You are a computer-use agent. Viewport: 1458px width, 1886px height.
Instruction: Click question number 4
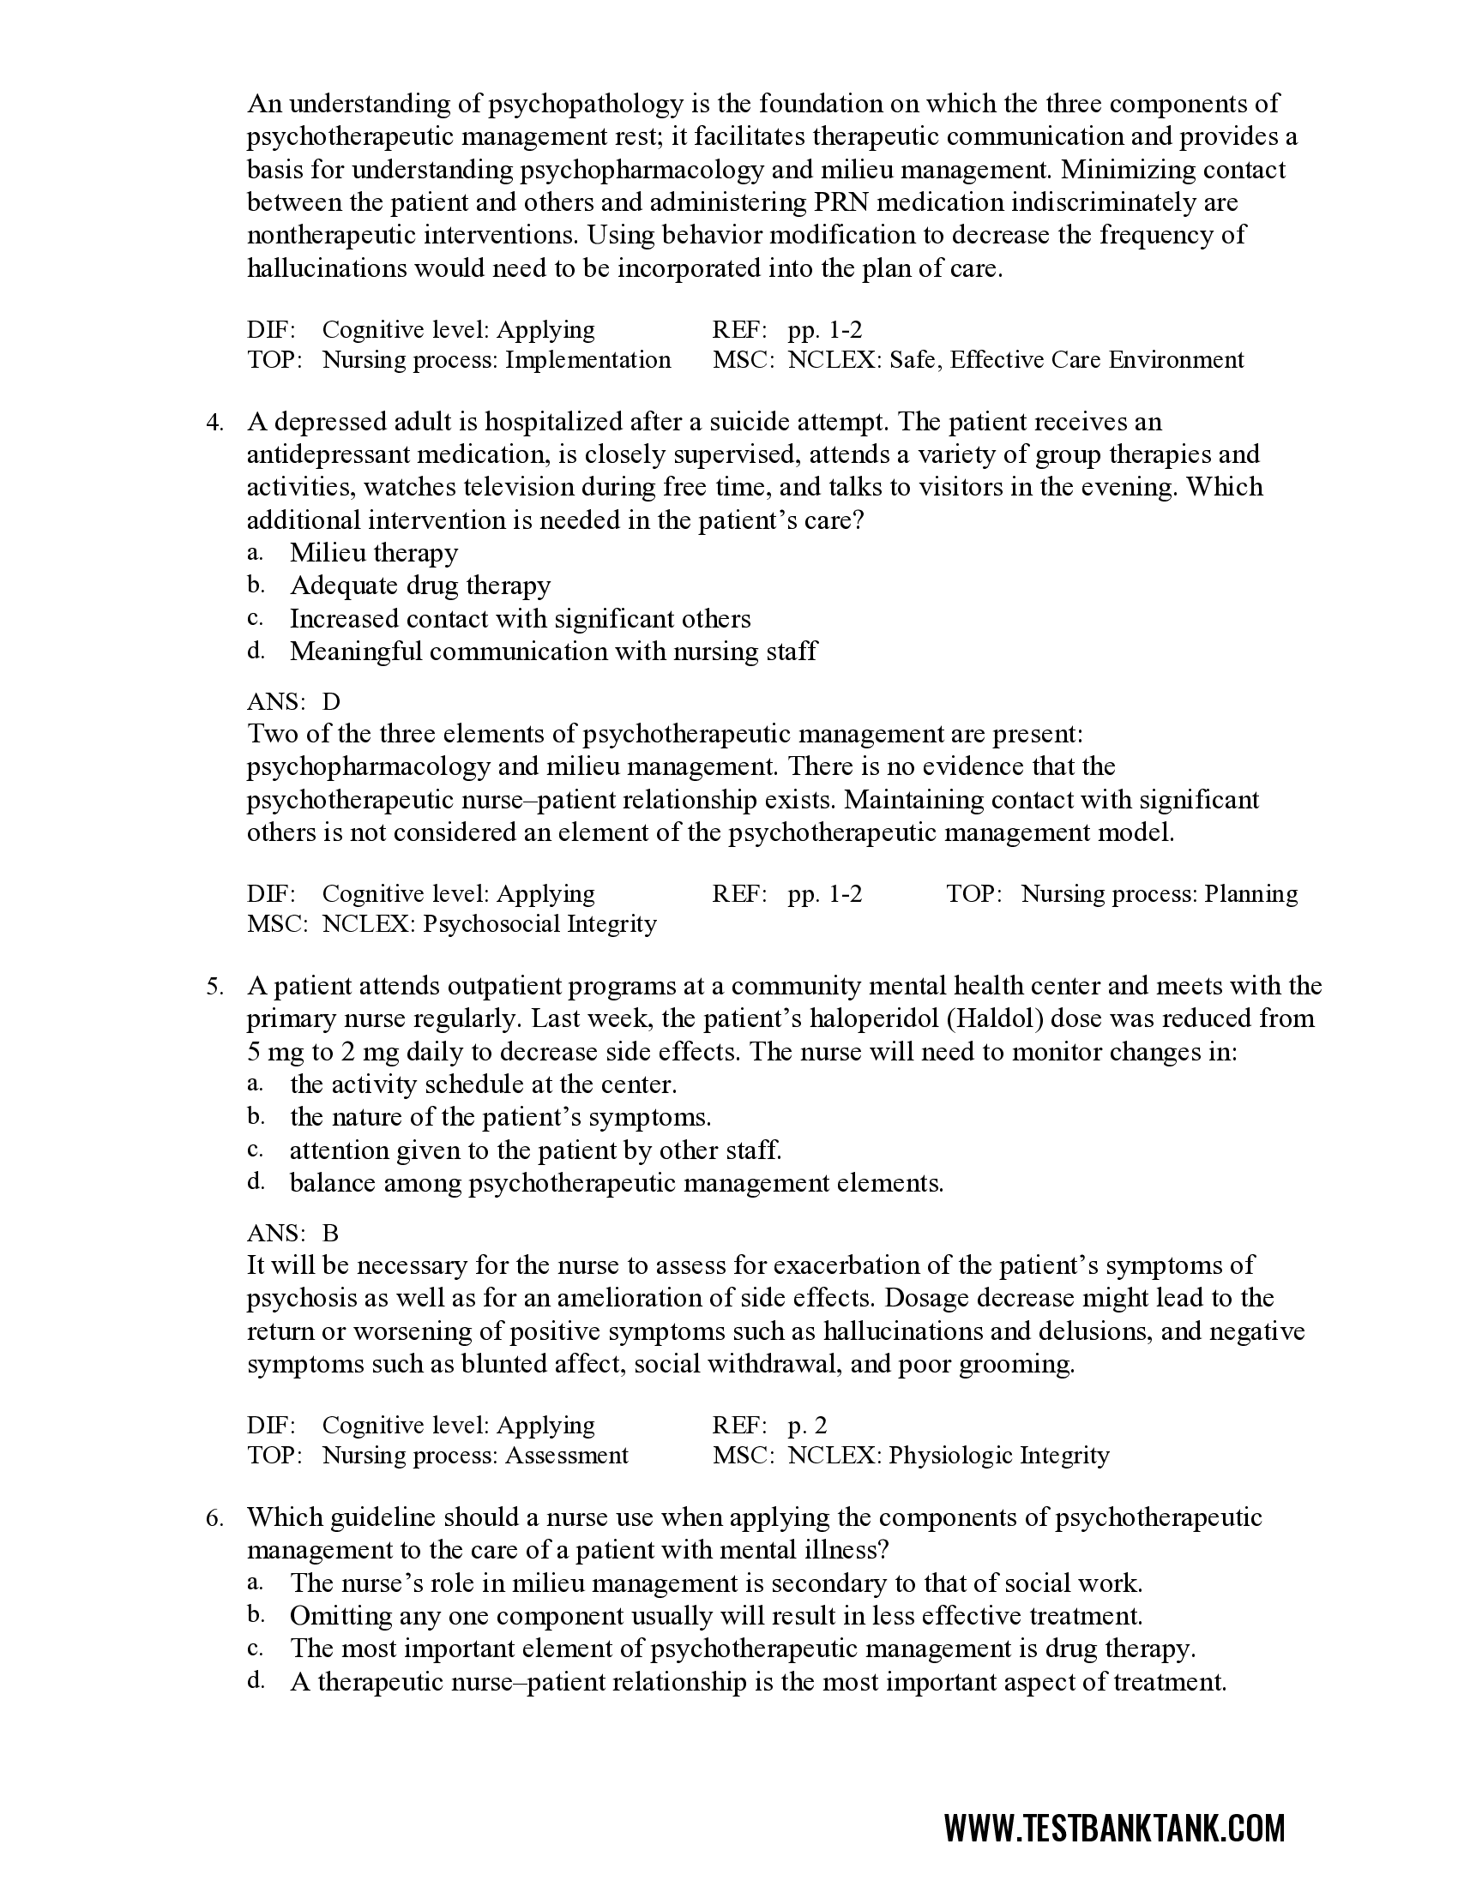click(214, 423)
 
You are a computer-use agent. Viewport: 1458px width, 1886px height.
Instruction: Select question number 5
click(214, 986)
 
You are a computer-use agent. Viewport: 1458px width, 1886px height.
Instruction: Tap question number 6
click(214, 1517)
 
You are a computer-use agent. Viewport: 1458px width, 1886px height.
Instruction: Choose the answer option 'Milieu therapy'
click(373, 553)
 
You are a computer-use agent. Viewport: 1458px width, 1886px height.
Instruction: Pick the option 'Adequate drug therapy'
click(419, 586)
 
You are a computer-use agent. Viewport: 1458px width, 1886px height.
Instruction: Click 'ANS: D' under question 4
click(293, 702)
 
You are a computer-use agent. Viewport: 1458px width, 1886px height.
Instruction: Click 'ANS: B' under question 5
click(292, 1233)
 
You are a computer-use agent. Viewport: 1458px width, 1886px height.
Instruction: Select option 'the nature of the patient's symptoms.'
click(500, 1117)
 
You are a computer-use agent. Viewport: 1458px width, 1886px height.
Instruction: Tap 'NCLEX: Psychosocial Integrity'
click(489, 924)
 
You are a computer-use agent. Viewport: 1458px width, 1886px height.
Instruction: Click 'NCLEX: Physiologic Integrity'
click(948, 1455)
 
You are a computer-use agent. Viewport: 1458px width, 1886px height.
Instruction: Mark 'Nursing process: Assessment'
click(475, 1455)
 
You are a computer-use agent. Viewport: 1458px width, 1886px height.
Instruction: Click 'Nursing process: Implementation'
click(496, 360)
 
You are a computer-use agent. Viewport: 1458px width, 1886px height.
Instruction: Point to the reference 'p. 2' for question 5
click(807, 1425)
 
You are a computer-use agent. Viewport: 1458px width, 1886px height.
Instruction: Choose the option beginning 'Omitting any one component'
click(716, 1616)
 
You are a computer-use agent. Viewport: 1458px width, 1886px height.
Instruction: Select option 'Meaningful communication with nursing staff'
click(553, 652)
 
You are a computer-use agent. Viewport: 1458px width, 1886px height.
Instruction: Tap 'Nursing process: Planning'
click(1160, 894)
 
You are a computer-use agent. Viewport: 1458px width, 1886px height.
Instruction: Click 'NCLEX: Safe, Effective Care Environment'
click(1015, 360)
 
